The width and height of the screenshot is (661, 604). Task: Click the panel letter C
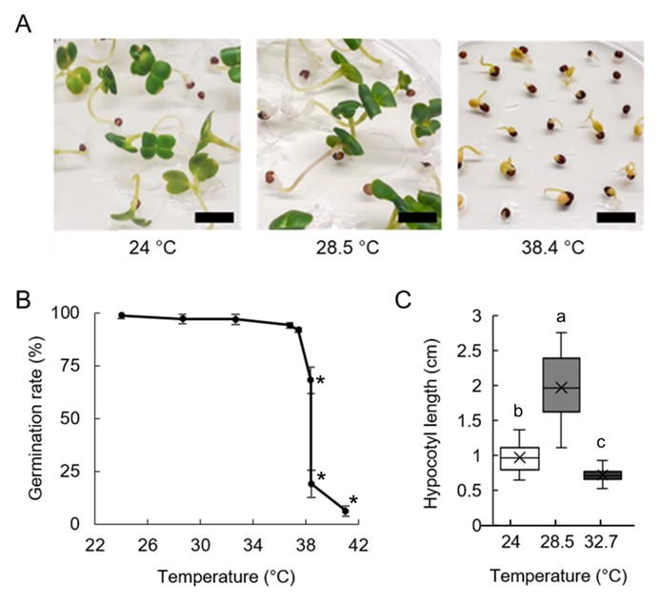click(x=404, y=301)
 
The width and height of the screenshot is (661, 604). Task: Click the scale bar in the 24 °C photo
click(x=212, y=217)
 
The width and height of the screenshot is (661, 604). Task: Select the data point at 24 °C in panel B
click(x=122, y=315)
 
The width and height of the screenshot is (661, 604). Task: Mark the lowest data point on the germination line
click(x=346, y=511)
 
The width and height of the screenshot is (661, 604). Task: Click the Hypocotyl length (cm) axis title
click(x=432, y=419)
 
